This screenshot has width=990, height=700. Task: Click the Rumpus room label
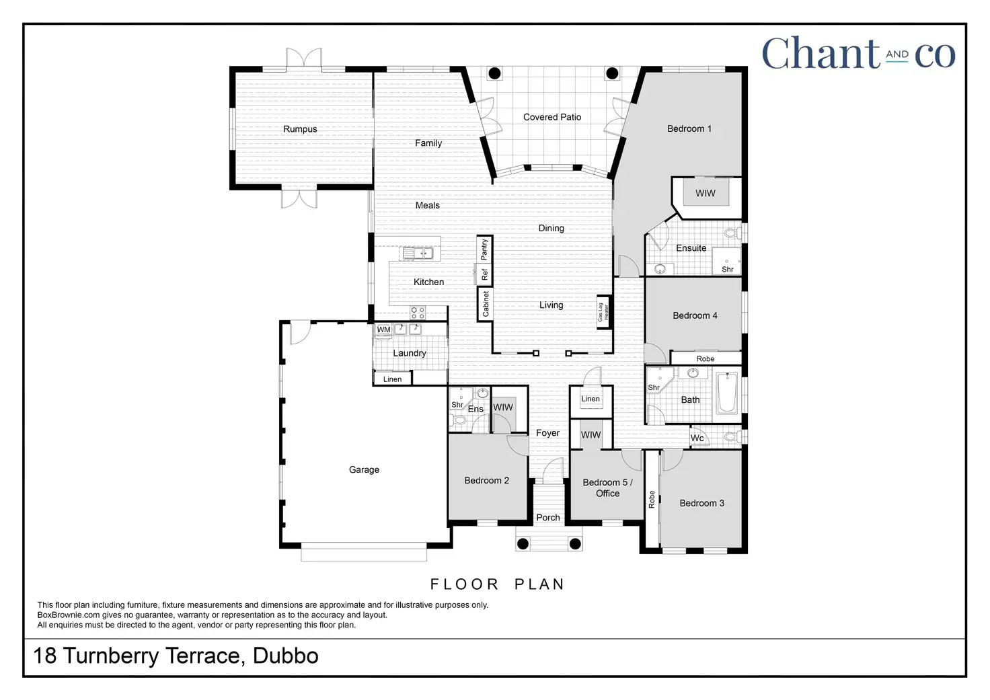click(300, 129)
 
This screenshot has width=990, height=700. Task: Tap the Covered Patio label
click(552, 117)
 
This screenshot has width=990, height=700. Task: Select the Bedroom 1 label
click(689, 128)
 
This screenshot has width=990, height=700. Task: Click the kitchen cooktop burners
click(418, 312)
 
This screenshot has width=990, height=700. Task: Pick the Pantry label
click(484, 249)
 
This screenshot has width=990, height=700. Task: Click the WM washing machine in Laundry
click(383, 329)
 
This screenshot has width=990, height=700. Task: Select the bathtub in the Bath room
click(727, 394)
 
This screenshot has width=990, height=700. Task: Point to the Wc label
click(697, 438)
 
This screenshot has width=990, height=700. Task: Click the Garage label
click(364, 469)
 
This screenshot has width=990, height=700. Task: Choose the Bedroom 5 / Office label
click(607, 488)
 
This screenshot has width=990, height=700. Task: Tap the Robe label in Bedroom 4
click(706, 358)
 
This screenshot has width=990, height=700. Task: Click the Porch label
click(548, 517)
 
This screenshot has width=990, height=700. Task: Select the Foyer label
click(547, 433)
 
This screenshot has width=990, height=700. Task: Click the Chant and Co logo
click(858, 54)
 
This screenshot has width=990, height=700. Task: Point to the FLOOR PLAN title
click(497, 584)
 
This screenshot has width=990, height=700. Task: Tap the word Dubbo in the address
click(285, 656)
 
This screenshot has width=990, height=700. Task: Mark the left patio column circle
click(494, 73)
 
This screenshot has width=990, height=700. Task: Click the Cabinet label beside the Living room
click(486, 304)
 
